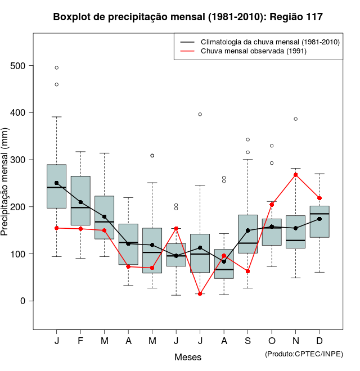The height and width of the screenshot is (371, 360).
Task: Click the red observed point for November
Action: pos(295,175)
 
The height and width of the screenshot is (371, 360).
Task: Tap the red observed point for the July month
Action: pos(200,293)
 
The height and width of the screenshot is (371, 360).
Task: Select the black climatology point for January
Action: pos(57,183)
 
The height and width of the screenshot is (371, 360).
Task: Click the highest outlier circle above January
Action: pos(57,67)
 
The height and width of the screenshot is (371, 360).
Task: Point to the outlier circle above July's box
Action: pos(200,114)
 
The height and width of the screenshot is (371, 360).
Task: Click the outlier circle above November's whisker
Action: pos(295,119)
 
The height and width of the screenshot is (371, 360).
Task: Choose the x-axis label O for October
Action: pos(272,341)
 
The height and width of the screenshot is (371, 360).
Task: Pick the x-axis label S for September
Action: pos(247,341)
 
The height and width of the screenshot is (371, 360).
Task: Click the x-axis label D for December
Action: pos(319,341)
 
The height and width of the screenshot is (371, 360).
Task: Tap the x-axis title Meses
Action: pos(188,357)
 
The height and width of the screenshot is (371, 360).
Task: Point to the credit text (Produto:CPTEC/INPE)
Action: pos(304,354)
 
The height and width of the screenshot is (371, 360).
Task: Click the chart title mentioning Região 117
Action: pos(188,17)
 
